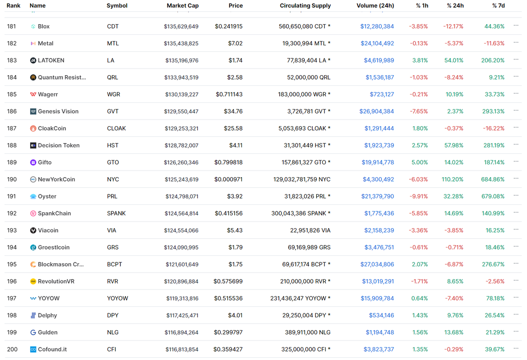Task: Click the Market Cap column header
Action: tap(182, 6)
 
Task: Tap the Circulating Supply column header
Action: tap(305, 6)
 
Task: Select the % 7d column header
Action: tap(498, 6)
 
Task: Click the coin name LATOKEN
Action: tap(51, 60)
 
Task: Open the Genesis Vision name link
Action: tap(58, 111)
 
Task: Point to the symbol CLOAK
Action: tap(116, 128)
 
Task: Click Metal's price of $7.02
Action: tap(235, 44)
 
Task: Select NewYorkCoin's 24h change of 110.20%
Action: tap(452, 179)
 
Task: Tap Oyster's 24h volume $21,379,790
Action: tap(377, 196)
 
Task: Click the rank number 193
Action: tap(12, 230)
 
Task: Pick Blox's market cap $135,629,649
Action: tap(181, 26)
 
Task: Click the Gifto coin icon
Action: tap(33, 163)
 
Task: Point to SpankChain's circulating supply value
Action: tap(301, 214)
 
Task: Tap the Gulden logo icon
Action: tap(33, 333)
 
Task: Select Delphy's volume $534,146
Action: tap(381, 316)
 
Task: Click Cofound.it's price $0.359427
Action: tap(228, 349)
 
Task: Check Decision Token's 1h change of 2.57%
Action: tap(419, 145)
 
